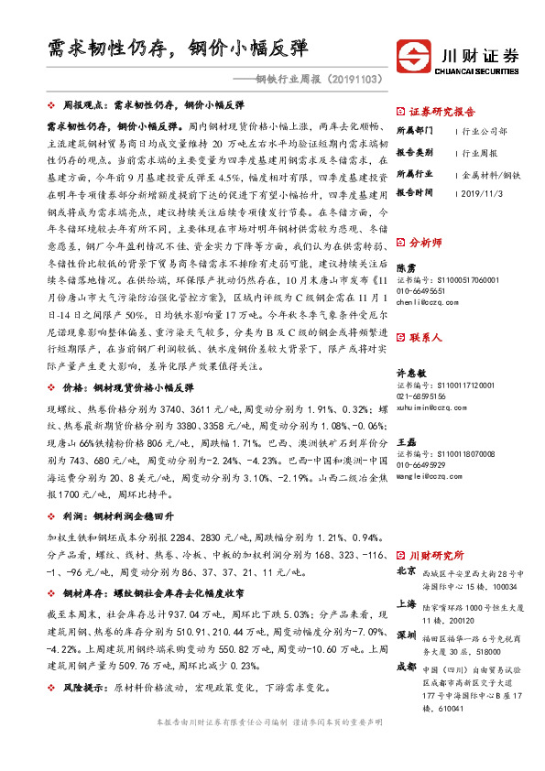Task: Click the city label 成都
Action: point(407,668)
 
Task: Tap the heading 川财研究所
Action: point(436,555)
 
